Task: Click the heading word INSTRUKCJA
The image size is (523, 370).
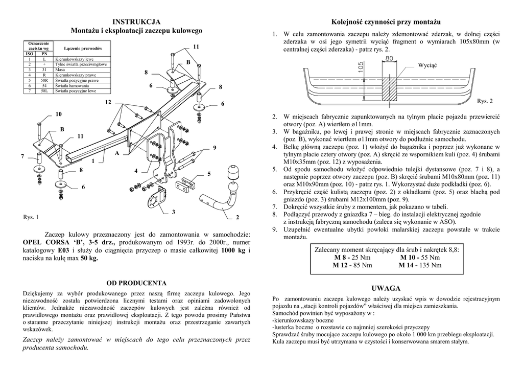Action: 136,21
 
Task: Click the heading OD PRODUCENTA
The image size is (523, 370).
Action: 136,282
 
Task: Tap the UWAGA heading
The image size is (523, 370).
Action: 387,289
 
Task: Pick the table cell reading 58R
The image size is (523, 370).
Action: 44,81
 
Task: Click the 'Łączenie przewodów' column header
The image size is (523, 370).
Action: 81,48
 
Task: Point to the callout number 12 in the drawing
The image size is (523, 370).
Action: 108,103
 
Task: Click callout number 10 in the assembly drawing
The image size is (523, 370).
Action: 58,113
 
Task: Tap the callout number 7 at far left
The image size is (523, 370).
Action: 22,155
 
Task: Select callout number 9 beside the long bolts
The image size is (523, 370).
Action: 215,148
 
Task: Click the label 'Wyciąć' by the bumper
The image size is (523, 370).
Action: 427,66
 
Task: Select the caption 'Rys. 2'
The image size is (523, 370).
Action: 485,101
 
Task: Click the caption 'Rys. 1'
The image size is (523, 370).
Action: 31,217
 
